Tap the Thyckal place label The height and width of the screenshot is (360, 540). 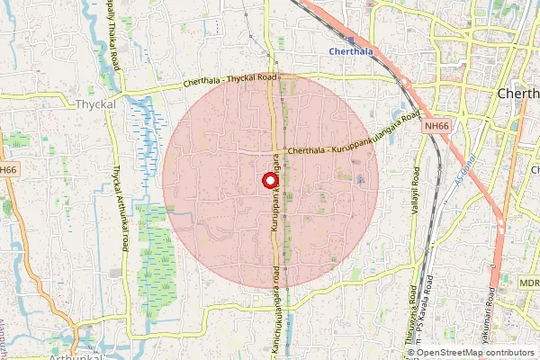[x=96, y=104]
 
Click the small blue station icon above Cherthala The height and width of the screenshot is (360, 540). [x=350, y=40]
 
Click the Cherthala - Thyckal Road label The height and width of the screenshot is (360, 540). [x=229, y=80]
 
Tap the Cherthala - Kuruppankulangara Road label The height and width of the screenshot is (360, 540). [x=353, y=138]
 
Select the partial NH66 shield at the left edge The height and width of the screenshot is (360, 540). [x=8, y=169]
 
